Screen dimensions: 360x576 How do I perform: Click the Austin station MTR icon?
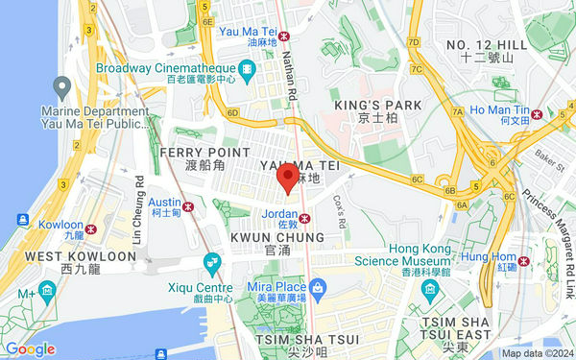[189, 205]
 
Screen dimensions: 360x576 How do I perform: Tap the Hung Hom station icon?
[522, 260]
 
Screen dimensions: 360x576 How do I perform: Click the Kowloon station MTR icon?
[90, 229]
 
